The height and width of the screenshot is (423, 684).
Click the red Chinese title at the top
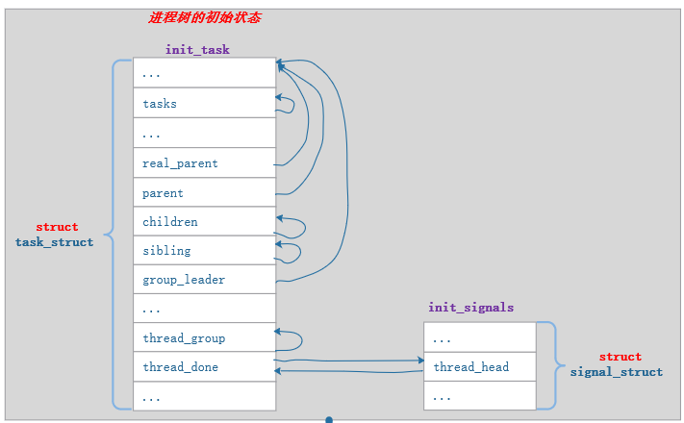pos(204,18)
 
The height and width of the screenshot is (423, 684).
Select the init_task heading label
pos(197,49)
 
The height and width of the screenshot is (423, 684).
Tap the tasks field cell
pos(204,103)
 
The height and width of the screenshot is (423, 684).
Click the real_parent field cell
pos(204,162)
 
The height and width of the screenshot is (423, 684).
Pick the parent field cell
pos(204,192)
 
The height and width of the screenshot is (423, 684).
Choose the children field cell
pos(204,221)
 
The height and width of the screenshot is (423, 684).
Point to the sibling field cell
pos(204,250)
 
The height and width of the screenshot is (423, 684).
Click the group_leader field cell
pos(204,280)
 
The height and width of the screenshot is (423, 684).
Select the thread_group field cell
pos(204,337)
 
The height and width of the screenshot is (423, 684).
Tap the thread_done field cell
pos(204,366)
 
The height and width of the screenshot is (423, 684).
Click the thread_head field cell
pos(479,366)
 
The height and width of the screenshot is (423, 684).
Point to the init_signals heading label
pos(470,308)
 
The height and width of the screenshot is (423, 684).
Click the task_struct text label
pos(54,242)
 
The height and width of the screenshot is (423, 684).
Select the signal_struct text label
pos(616,372)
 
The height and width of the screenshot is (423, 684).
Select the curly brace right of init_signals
pos(550,365)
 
